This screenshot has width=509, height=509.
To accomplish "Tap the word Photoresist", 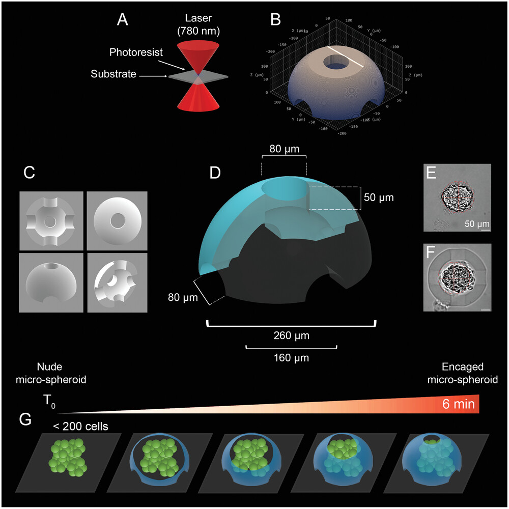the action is tap(131, 53).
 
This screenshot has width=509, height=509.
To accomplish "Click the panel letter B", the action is tap(275, 20).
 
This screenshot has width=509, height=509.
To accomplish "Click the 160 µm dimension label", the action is tap(291, 358).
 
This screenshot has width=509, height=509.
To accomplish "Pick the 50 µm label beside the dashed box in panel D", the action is tap(380, 196).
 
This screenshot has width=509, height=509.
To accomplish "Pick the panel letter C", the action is tap(30, 173).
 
